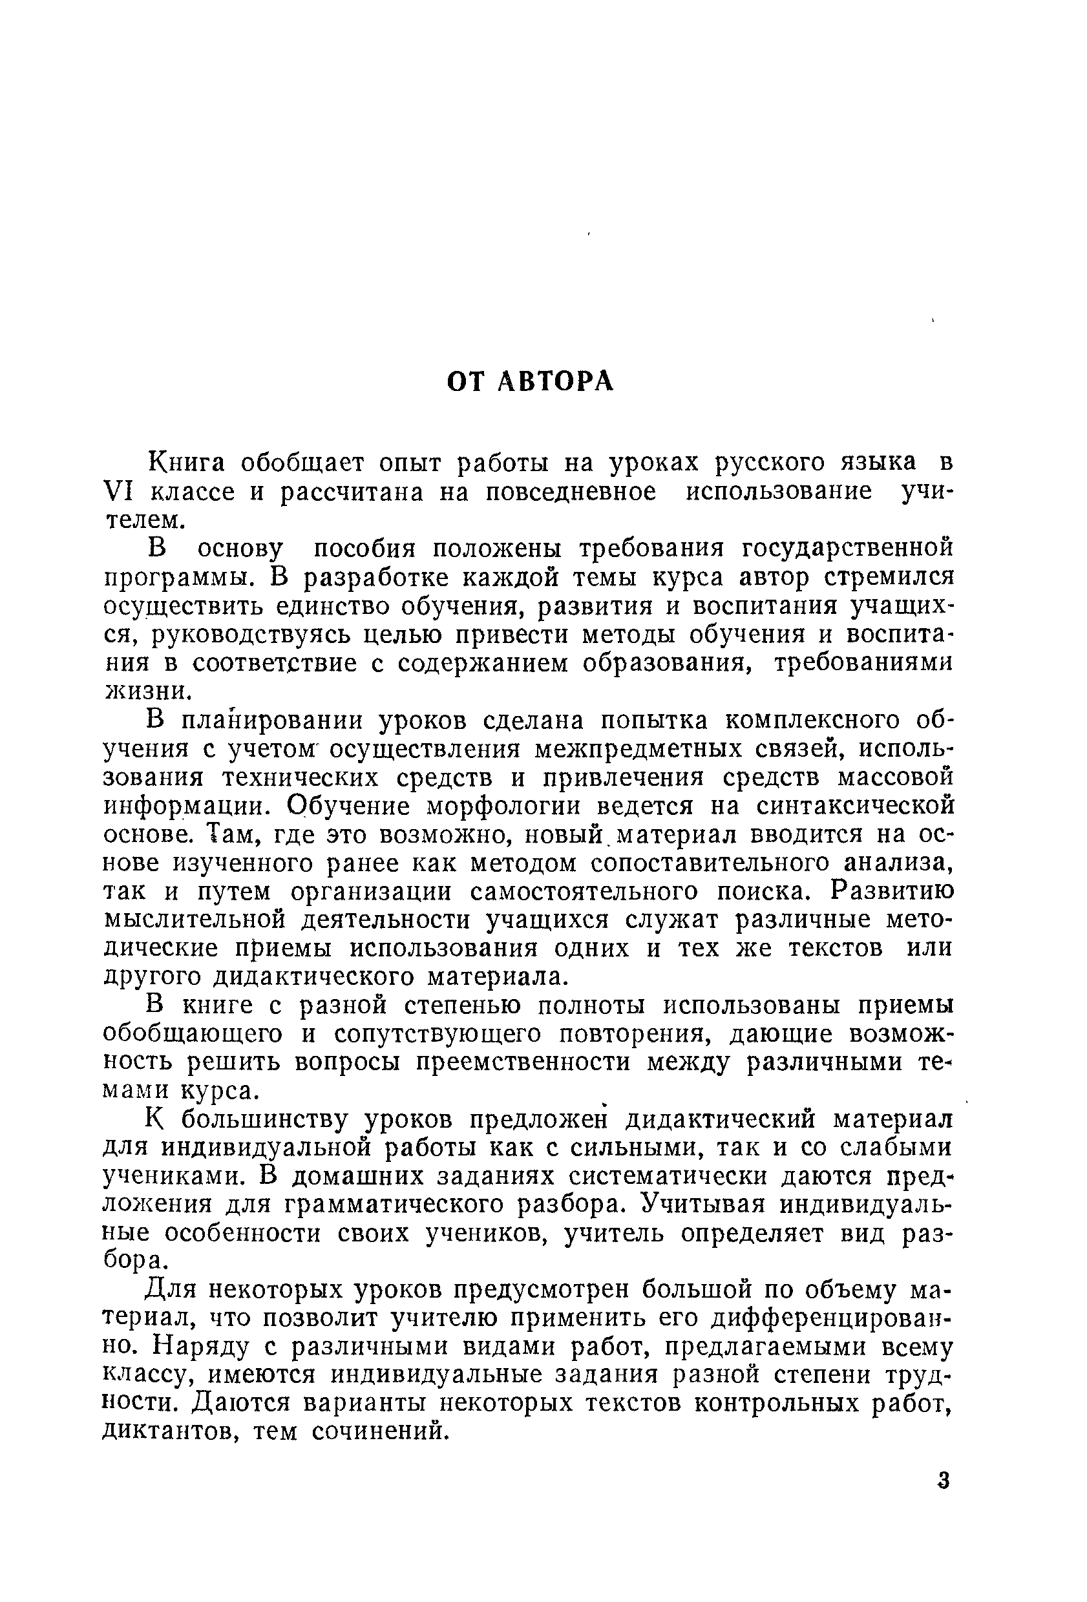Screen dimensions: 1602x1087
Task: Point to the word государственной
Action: click(848, 549)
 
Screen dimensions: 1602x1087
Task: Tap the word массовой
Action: click(895, 777)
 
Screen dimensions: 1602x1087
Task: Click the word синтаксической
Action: click(855, 806)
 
